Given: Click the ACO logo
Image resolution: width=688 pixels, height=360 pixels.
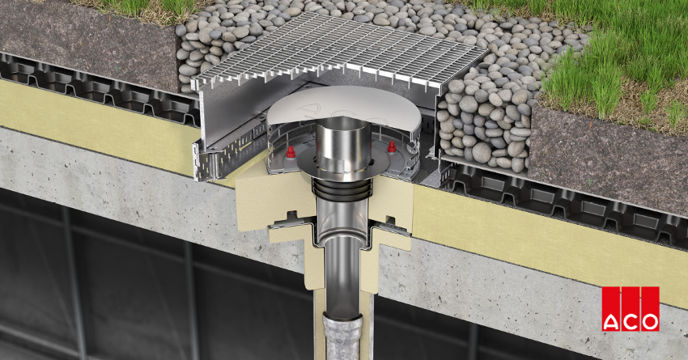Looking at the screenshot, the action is pos(630,309).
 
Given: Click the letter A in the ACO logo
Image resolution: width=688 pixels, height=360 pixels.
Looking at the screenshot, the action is pos(611,321).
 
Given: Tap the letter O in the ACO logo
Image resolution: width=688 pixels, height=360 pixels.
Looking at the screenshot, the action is pos(650,321).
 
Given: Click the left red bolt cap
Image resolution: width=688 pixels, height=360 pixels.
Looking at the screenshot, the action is pos(290,152).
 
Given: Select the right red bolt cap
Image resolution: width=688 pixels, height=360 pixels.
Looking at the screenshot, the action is pos(392,146).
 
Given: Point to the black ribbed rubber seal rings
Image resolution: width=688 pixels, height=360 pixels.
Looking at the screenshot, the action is pos(340,188).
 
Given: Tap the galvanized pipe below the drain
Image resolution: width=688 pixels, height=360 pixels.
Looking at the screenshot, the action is pos(342,337).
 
